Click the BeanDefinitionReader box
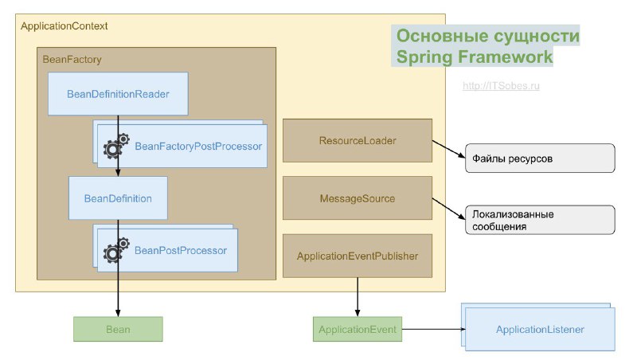(118, 94)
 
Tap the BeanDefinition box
(118, 198)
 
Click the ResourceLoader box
(358, 141)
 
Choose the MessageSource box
(358, 198)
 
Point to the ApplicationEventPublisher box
(358, 256)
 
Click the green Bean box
(118, 328)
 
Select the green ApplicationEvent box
(358, 329)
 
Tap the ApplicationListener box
(540, 329)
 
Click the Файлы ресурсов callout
(540, 158)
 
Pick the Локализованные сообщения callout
(540, 220)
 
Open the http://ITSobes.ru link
(501, 85)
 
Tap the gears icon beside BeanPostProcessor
(116, 249)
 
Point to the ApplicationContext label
(64, 26)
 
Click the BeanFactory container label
(72, 59)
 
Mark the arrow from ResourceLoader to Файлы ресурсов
(448, 150)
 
